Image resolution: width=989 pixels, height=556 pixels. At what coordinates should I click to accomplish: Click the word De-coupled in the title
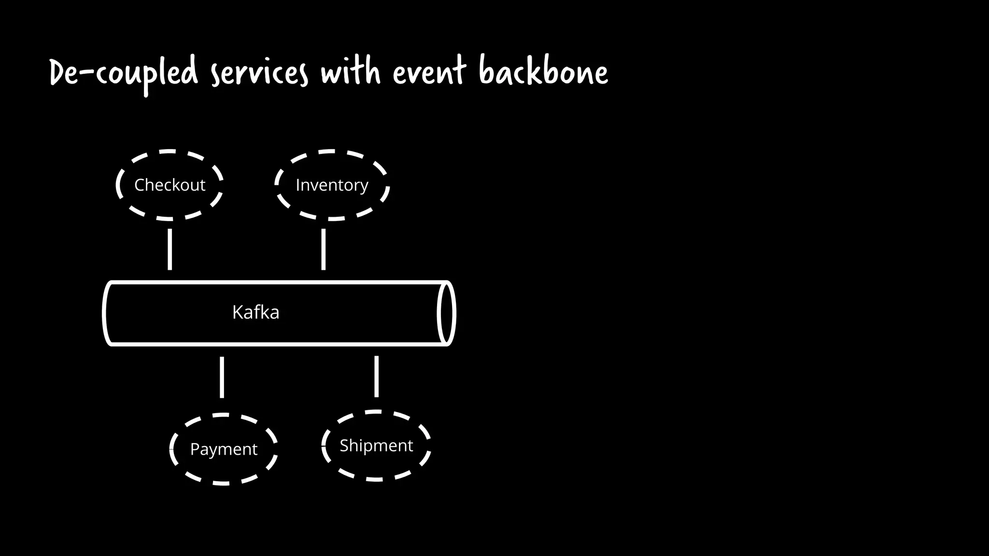[x=124, y=73]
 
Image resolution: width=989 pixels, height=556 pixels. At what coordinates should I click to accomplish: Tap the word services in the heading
[x=259, y=73]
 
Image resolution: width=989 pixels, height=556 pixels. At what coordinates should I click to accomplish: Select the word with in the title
[x=351, y=72]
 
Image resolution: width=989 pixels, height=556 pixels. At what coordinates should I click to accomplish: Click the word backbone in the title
[x=544, y=72]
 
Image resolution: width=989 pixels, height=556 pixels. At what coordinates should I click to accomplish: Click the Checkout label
[x=170, y=185]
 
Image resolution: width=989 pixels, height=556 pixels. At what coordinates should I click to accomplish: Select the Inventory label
[x=332, y=185]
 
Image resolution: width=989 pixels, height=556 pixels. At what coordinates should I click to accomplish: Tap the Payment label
[x=224, y=449]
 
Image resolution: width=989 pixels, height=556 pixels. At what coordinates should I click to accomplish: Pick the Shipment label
[x=376, y=445]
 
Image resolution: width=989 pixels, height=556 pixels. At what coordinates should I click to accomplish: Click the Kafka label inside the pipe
[x=255, y=312]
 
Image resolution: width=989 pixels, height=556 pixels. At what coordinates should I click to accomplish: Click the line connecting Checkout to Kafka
[x=170, y=249]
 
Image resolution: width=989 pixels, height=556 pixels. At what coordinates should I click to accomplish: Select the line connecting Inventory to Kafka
[x=323, y=249]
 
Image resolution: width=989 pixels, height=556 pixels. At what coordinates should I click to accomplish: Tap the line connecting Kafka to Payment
[x=222, y=377]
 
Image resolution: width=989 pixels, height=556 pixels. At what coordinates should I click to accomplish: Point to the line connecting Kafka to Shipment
[x=376, y=377]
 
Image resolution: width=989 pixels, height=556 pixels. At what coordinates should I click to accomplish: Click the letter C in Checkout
[x=140, y=185]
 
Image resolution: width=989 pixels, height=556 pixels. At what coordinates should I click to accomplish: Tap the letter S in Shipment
[x=344, y=445]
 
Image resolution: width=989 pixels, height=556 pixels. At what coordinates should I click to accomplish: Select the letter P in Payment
[x=195, y=449]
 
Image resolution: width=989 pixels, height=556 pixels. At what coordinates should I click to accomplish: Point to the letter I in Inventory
[x=298, y=184]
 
